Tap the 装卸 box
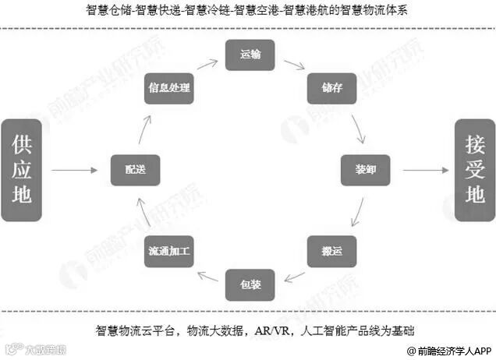(x=365, y=169)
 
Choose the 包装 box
(x=250, y=284)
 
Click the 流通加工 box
(x=169, y=251)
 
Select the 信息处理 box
(x=169, y=89)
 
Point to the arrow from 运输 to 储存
(x=293, y=65)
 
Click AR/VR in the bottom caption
(x=271, y=330)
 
